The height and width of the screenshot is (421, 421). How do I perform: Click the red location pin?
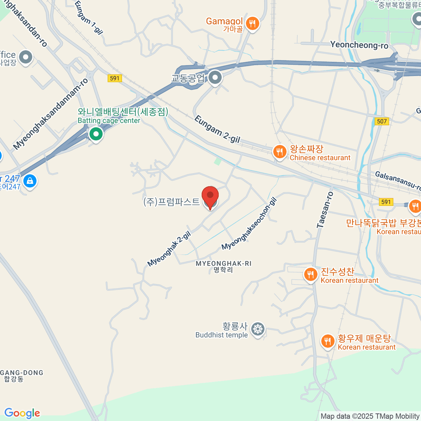click(x=210, y=196)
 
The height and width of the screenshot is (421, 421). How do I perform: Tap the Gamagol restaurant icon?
click(x=252, y=24)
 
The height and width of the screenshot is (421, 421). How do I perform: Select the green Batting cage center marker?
click(x=95, y=134)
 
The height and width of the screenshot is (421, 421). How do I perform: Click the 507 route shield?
click(x=382, y=121)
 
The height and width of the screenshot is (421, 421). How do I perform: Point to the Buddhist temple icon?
click(x=258, y=329)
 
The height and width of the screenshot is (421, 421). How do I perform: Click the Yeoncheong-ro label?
click(x=359, y=45)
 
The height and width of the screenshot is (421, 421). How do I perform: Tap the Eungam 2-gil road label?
click(x=217, y=129)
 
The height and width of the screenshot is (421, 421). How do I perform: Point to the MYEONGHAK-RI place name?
click(x=223, y=263)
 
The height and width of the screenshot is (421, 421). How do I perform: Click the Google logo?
click(x=22, y=413)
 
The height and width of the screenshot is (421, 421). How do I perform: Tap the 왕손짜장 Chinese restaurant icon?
click(x=279, y=152)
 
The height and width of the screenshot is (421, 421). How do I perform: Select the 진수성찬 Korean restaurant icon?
click(x=310, y=275)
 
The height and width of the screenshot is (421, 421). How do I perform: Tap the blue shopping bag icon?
click(x=30, y=181)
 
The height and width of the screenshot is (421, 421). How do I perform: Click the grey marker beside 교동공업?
click(x=215, y=78)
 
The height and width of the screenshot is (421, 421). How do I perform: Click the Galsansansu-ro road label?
click(x=398, y=180)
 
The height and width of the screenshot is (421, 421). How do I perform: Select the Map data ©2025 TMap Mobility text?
click(x=370, y=416)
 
